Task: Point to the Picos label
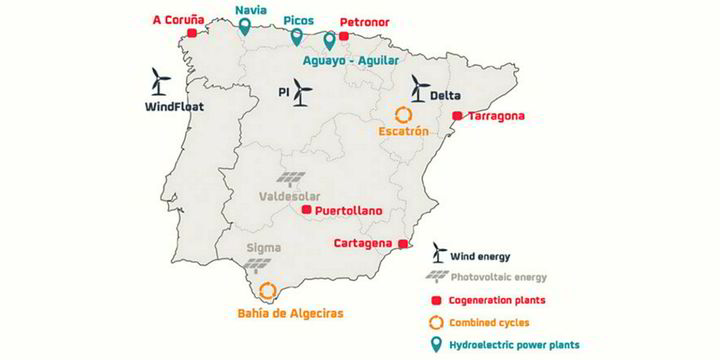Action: point(298,19)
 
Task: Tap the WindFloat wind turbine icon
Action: point(159,81)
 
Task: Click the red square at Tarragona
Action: point(457,116)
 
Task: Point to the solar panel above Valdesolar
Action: point(293,179)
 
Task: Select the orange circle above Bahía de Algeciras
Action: point(268,292)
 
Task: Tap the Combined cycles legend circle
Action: point(437,321)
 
